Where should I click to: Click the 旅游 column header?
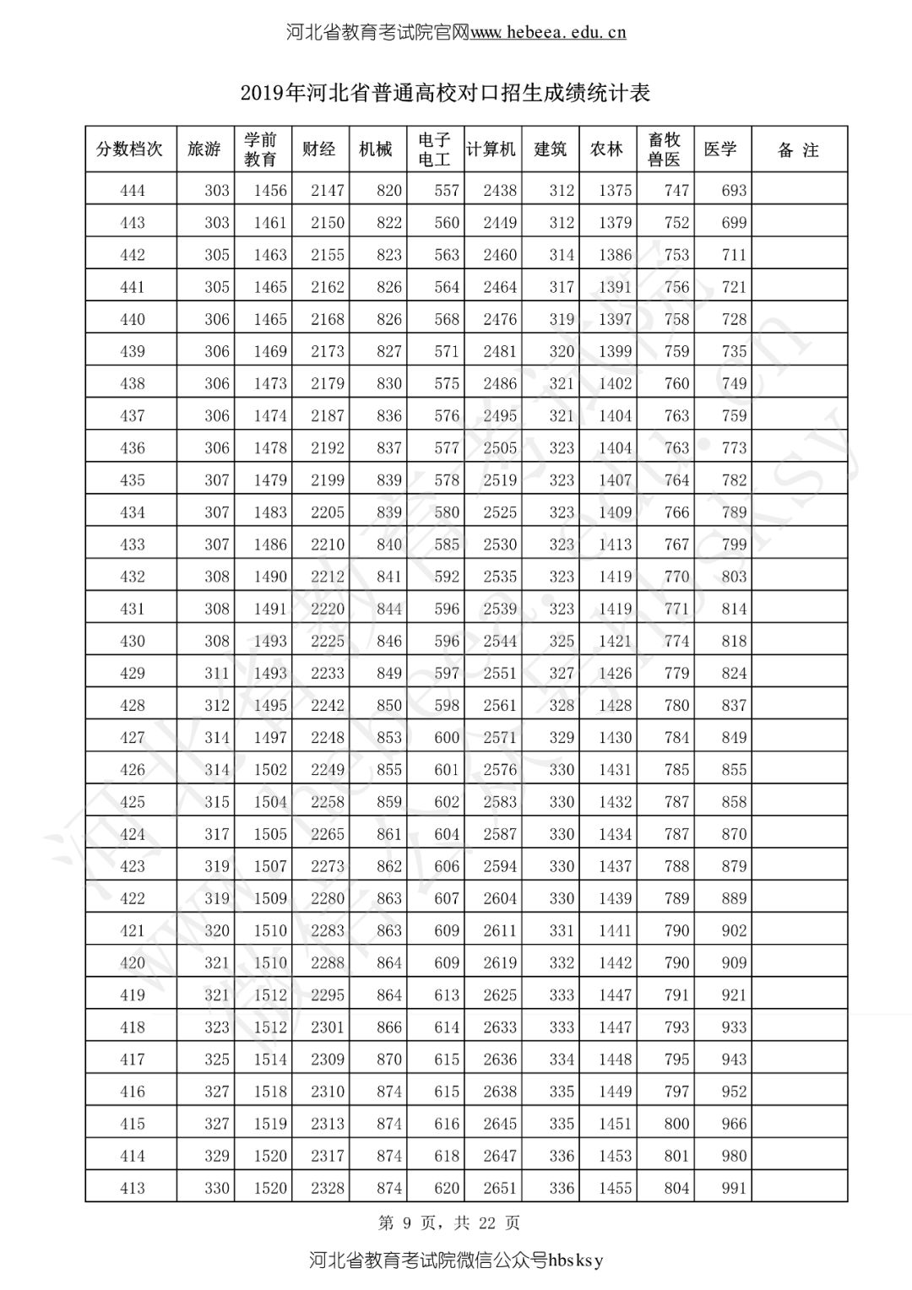[x=204, y=149]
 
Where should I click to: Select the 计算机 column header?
[x=491, y=149]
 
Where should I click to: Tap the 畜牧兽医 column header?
[x=664, y=149]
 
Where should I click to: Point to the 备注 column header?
[x=798, y=150]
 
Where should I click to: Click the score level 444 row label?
[x=133, y=191]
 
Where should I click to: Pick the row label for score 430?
[x=133, y=641]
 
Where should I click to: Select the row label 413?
[x=133, y=1188]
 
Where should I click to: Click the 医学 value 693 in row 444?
[x=734, y=191]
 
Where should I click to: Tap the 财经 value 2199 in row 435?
[x=327, y=480]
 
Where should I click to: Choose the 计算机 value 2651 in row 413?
[x=500, y=1188]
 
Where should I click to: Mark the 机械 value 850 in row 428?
[x=389, y=705]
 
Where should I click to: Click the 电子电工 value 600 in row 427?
[x=447, y=737]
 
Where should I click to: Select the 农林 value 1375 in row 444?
[x=615, y=191]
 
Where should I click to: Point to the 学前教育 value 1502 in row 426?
[x=270, y=770]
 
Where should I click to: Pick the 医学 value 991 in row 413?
[x=734, y=1188]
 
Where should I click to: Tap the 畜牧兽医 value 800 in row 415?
[x=676, y=1124]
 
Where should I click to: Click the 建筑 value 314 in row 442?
[x=562, y=255]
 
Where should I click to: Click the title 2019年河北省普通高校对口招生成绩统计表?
[x=445, y=93]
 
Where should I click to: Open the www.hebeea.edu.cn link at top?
[x=547, y=33]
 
